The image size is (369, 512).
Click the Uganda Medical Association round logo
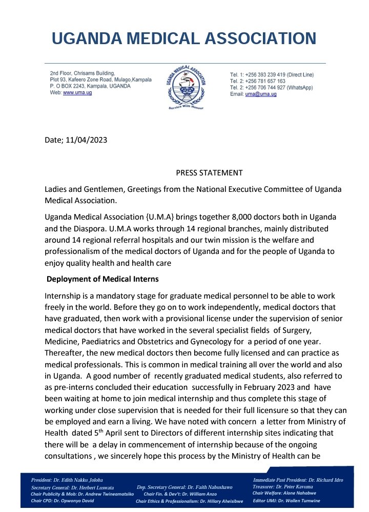(x=186, y=88)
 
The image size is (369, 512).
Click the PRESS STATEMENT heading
(x=202, y=172)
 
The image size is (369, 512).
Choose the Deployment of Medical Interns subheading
(x=102, y=280)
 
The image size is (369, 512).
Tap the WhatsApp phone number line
(x=272, y=88)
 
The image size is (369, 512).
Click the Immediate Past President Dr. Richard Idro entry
(x=298, y=480)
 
